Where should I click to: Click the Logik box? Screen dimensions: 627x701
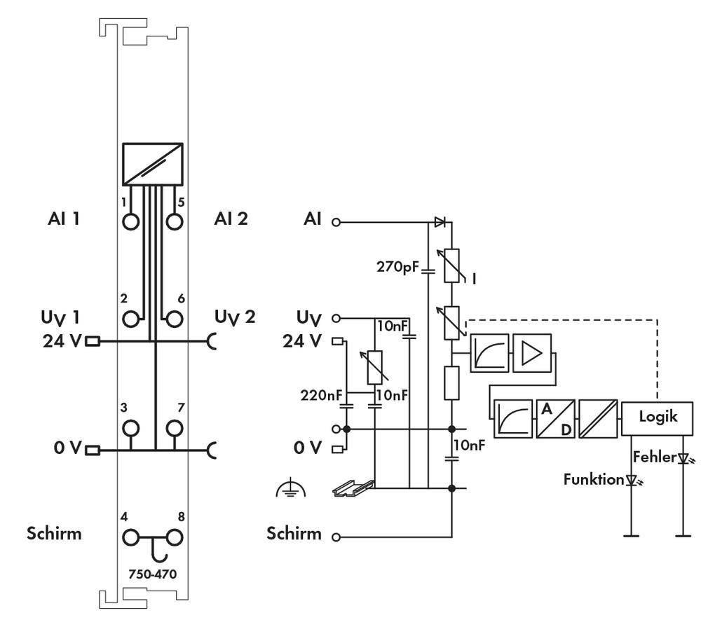coord(658,416)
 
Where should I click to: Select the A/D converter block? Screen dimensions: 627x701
coord(555,418)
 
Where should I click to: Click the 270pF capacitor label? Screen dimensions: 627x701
coord(397,266)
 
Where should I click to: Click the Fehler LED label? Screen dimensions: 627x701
coord(655,457)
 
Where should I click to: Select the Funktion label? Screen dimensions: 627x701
coord(594,479)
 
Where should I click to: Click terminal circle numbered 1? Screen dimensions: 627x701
coord(130,221)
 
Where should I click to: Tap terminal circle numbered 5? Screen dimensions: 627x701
coord(174,221)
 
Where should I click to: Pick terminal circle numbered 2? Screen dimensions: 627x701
coord(130,319)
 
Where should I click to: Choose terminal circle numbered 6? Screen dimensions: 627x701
coord(174,319)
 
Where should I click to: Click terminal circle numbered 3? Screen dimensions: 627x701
coord(130,427)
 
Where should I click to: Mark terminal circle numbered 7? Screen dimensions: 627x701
coord(174,427)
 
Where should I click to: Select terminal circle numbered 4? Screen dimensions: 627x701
coord(130,538)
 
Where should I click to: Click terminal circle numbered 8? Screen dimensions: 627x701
coord(174,538)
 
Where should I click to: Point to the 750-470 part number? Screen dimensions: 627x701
coord(152,574)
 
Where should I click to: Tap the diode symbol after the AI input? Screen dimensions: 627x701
coord(440,222)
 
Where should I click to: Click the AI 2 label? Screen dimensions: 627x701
coord(231,219)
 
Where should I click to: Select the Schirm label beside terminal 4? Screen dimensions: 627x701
coord(54,533)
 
